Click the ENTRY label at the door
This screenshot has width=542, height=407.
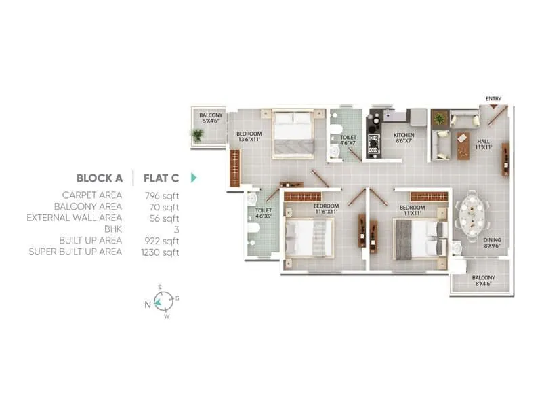pyautogui.click(x=493, y=100)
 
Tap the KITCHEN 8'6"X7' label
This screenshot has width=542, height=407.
pyautogui.click(x=404, y=138)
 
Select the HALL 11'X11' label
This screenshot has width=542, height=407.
pyautogui.click(x=482, y=144)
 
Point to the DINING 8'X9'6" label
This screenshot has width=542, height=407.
pyautogui.click(x=493, y=243)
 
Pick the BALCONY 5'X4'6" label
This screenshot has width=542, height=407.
pyautogui.click(x=211, y=119)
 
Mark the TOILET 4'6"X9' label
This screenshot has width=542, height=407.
pyautogui.click(x=264, y=214)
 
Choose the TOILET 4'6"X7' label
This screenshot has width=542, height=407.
pyautogui.click(x=348, y=140)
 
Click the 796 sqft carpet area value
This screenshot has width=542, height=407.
pyautogui.click(x=162, y=195)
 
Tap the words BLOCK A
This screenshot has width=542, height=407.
pyautogui.click(x=99, y=178)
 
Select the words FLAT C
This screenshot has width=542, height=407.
pyautogui.click(x=161, y=178)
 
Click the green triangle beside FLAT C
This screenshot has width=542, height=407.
pyautogui.click(x=194, y=178)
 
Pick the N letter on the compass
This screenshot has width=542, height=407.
pyautogui.click(x=147, y=305)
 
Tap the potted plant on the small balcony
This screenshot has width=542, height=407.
pyautogui.click(x=197, y=135)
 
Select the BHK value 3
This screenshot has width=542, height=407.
pyautogui.click(x=175, y=229)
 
